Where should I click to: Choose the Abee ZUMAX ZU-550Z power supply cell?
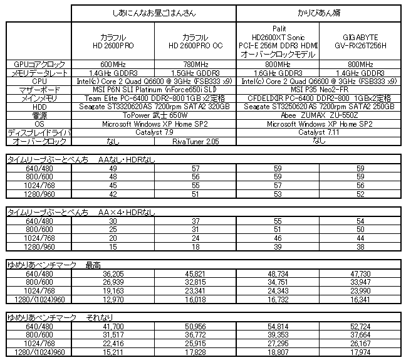pos(319,116)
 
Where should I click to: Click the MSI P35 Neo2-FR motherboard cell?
pos(319,90)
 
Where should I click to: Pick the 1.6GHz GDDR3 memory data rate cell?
pos(278,73)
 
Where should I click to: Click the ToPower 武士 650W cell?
pos(153,116)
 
